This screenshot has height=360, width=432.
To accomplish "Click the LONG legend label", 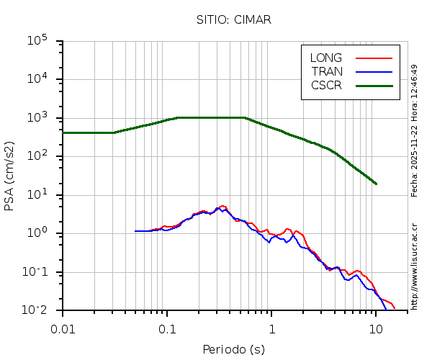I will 326,58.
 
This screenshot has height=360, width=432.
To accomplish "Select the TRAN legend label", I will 327,71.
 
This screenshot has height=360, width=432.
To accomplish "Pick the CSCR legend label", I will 326,85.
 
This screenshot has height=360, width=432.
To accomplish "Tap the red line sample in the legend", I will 374,58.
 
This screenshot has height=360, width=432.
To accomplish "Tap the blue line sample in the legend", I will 374,71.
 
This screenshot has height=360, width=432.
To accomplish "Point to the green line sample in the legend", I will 374,85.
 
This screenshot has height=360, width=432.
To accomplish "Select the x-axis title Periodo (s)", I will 233,350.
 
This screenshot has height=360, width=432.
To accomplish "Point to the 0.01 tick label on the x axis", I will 63,328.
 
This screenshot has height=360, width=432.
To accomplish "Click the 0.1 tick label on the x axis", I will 167,328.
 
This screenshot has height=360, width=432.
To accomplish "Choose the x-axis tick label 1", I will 272,328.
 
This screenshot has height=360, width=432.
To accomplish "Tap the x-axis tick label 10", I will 376,328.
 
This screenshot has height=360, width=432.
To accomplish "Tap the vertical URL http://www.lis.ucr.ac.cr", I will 415,266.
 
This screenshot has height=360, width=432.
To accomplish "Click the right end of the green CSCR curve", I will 376,184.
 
